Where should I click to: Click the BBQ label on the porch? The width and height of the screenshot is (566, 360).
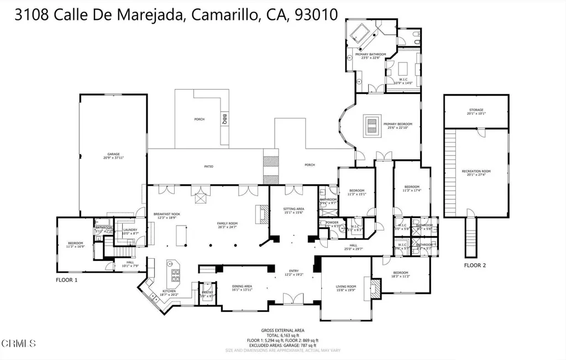click(x=225, y=118)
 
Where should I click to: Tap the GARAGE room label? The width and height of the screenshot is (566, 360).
click(x=113, y=154)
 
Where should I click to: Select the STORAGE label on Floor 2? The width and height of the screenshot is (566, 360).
click(x=476, y=110)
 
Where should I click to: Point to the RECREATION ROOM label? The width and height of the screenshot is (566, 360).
click(x=476, y=171)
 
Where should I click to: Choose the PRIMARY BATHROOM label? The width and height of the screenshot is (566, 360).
click(x=370, y=54)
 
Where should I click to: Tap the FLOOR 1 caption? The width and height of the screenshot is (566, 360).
click(x=67, y=280)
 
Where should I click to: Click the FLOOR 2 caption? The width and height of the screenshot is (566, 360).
click(x=475, y=265)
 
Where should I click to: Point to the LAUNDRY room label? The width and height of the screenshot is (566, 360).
click(x=130, y=229)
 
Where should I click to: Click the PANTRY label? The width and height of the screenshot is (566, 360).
click(x=207, y=292)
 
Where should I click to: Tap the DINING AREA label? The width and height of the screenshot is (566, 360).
click(x=241, y=286)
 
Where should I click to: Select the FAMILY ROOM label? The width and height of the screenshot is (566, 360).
click(x=227, y=223)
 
